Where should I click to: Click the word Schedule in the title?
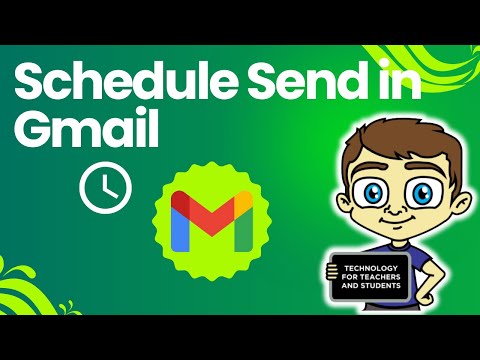tap(126, 81)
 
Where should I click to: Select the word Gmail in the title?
tap(86, 129)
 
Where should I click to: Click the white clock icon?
tap(105, 188)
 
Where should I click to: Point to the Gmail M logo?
tap(212, 221)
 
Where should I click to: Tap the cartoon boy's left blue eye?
tap(373, 193)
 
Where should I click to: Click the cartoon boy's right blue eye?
tap(423, 193)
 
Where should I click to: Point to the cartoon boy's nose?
tap(394, 210)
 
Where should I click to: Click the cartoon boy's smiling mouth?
tap(397, 222)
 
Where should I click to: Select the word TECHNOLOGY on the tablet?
tap(371, 268)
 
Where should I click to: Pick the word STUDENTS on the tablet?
tap(383, 285)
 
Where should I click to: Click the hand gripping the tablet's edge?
tap(332, 272)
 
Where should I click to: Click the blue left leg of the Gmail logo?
tap(180, 229)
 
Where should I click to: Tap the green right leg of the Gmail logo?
tap(243, 231)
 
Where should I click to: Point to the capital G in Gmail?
tap(32, 129)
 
